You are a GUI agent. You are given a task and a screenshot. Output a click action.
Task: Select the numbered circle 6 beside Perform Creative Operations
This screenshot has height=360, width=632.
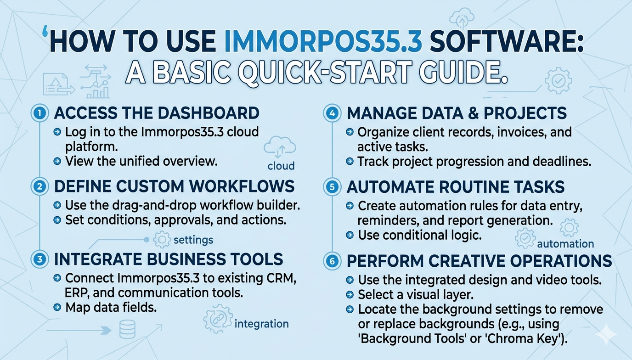[332, 261]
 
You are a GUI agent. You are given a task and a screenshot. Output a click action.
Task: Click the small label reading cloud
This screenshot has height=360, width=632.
[281, 166]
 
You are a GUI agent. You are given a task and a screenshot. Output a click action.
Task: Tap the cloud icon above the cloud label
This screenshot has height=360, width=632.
[280, 147]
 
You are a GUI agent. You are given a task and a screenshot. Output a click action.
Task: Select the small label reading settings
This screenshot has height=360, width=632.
[193, 240]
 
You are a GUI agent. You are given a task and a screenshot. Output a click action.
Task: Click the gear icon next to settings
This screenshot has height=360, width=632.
[162, 240]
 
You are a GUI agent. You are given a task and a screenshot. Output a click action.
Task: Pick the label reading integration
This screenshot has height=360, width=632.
[261, 324]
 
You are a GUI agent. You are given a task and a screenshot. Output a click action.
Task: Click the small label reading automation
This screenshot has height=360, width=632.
[565, 243]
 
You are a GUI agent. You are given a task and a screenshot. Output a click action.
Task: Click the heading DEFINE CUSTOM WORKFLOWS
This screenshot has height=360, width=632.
[174, 186]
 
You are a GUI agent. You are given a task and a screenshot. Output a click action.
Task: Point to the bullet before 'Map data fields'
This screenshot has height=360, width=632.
[57, 307]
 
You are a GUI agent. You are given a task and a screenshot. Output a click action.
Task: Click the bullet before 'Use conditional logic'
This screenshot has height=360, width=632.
[350, 235]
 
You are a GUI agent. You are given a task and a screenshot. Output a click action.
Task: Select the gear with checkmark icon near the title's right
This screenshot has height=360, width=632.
[558, 81]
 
